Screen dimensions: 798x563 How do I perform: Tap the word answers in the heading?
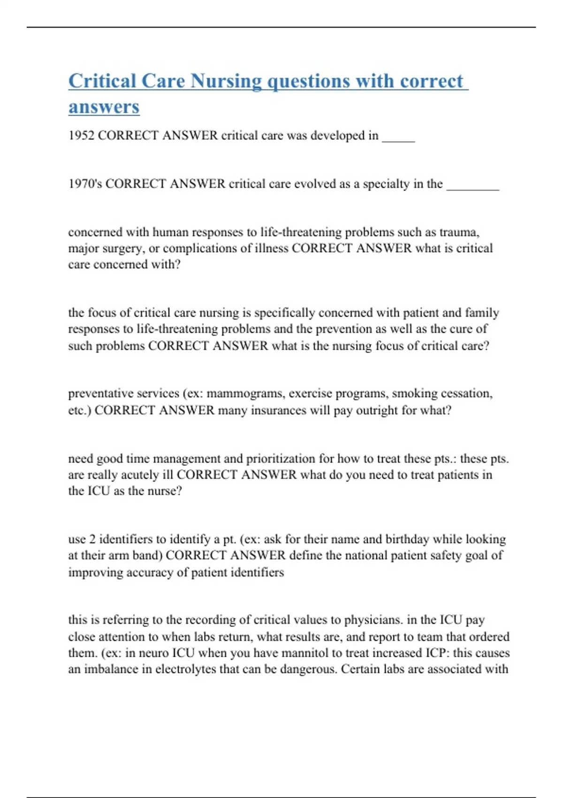104,107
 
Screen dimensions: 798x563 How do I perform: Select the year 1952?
81,136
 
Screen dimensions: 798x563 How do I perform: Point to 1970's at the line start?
85,184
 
